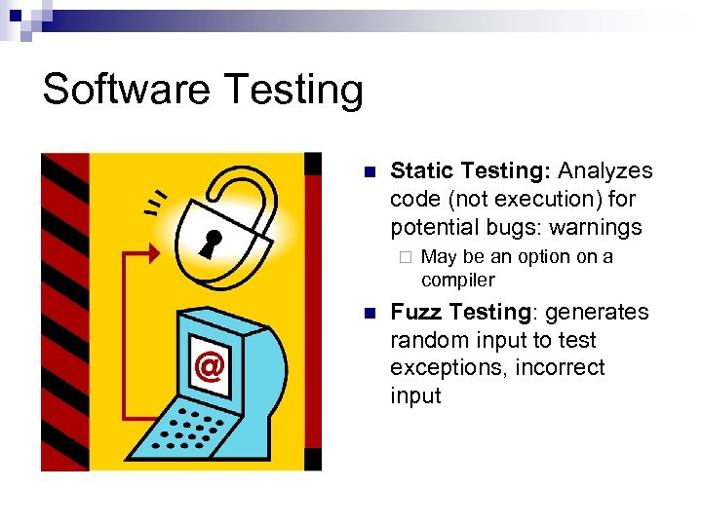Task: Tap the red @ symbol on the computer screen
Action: click(x=208, y=366)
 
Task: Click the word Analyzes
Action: click(x=605, y=171)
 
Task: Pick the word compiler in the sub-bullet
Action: click(x=457, y=281)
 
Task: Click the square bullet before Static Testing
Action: click(x=368, y=173)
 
